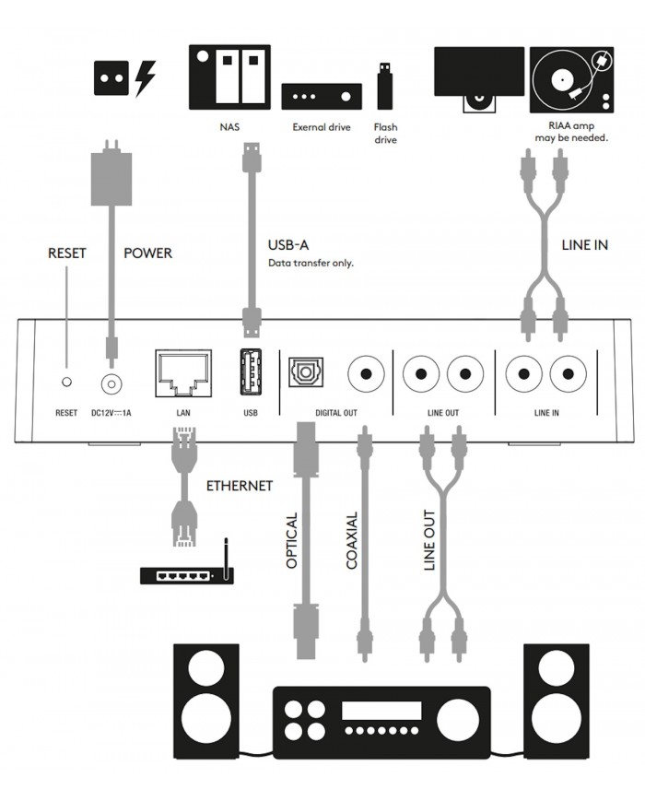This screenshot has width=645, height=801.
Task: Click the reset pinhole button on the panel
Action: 65,381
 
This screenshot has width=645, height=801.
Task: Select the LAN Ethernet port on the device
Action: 184,372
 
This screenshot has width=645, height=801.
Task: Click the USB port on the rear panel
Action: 251,374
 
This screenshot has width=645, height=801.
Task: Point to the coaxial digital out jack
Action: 366,374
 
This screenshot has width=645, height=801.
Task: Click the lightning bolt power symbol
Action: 146,77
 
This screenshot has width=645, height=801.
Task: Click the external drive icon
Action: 322,96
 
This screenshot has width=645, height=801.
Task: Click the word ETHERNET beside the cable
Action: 240,485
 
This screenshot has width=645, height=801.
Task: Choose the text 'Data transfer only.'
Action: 311,263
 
